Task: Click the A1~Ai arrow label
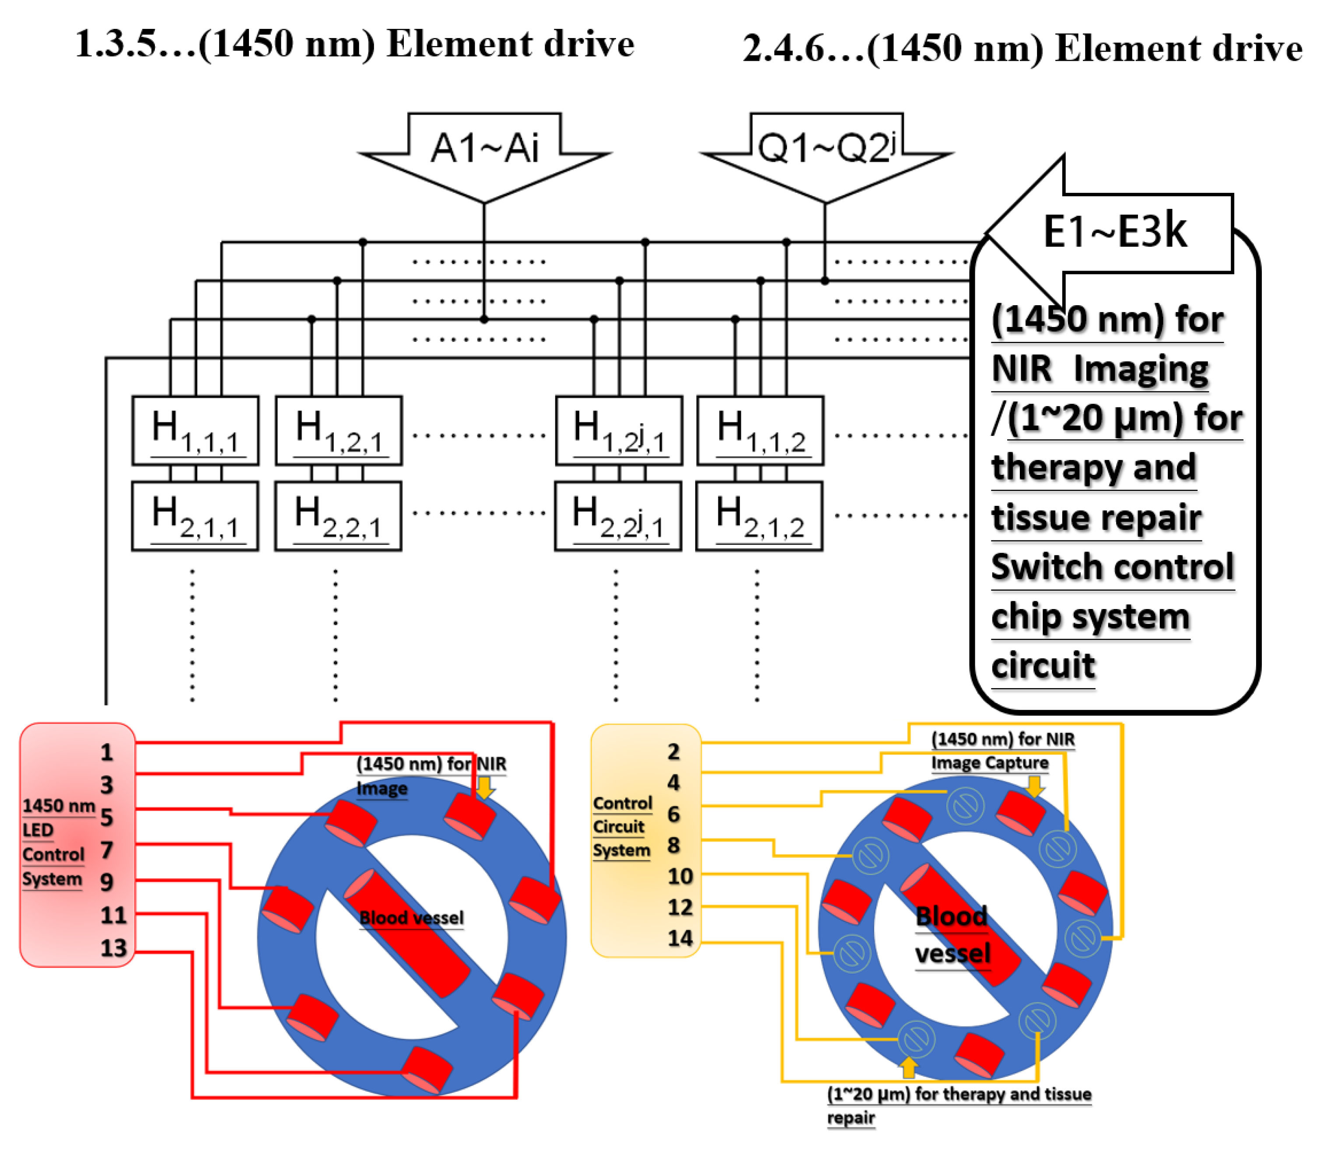[484, 148]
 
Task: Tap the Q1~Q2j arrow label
[826, 148]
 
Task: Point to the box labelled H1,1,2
[760, 431]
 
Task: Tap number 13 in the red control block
[113, 947]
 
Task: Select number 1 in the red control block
[107, 752]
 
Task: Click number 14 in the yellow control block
[680, 938]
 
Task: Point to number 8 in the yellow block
[673, 845]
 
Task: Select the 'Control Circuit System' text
[622, 827]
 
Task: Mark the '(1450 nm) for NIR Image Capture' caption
[1002, 751]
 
